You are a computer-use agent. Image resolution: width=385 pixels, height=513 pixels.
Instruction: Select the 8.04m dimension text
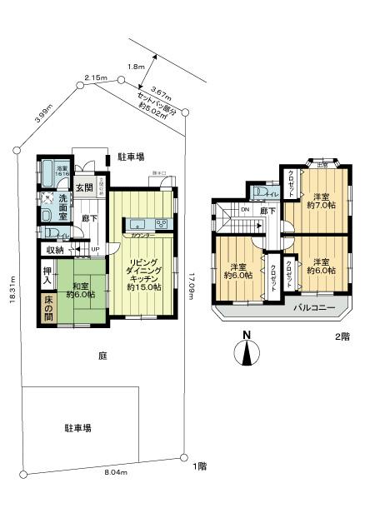coord(115,471)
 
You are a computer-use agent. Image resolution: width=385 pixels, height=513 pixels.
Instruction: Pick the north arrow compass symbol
coord(247,351)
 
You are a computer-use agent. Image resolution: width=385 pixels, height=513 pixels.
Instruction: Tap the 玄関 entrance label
coord(83,187)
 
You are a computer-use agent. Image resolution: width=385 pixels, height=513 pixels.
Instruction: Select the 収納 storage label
coord(54,249)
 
